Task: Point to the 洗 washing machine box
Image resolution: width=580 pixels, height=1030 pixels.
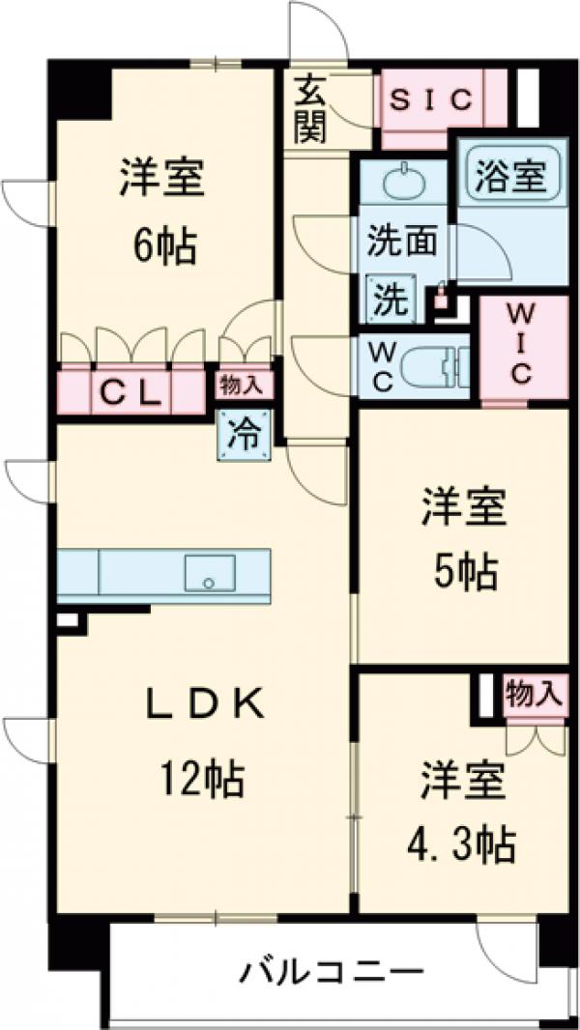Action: point(391,299)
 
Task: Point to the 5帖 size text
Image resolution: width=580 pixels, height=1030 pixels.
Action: point(464,574)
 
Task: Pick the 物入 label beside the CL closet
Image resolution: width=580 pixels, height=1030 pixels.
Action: point(242,386)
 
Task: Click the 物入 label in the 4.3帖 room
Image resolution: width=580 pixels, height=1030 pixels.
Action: point(534,692)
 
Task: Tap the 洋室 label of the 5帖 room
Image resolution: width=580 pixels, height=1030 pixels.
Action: point(464,510)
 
